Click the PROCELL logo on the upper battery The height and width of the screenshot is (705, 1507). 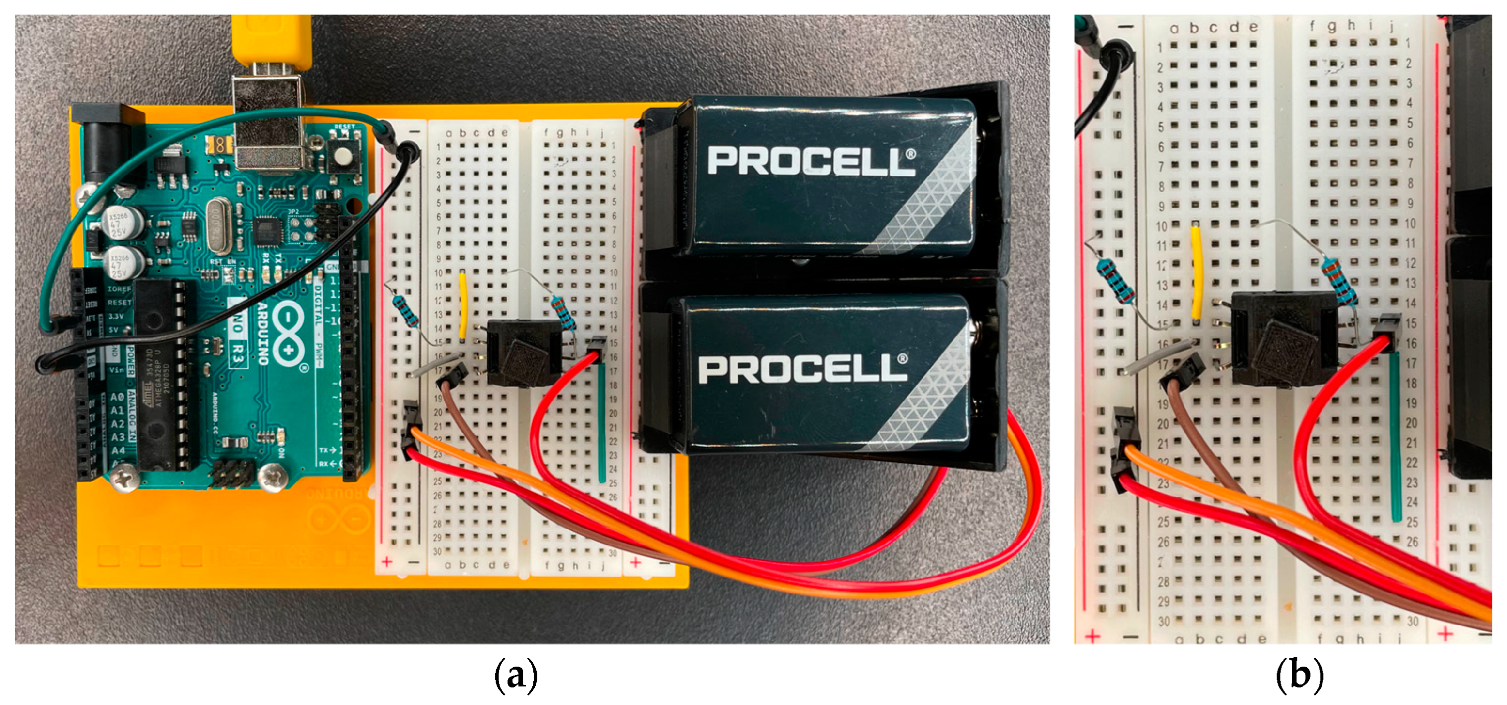click(811, 161)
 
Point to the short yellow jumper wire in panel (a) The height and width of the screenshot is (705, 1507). click(463, 305)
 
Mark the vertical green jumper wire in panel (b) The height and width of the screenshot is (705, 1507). click(1395, 436)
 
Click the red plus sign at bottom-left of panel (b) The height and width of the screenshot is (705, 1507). click(1092, 637)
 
